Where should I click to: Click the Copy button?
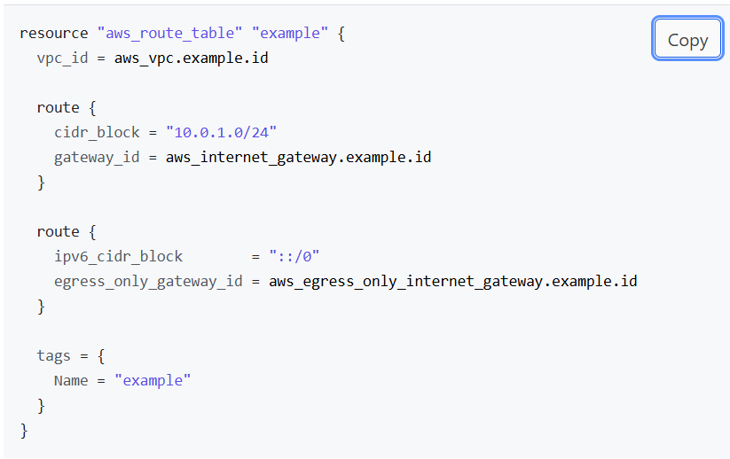[687, 40]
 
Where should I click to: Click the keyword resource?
[54, 34]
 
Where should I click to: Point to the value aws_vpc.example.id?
[192, 58]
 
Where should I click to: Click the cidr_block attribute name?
[97, 132]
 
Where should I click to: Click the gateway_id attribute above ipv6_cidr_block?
[97, 157]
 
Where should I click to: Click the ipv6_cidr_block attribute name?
[118, 256]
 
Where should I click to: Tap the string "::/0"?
[294, 256]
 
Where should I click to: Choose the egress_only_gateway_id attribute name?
[148, 281]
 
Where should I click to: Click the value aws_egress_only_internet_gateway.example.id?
[453, 281]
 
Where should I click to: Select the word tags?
[53, 355]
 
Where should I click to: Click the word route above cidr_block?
[58, 107]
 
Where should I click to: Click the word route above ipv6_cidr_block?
[58, 231]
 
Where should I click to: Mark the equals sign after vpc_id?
[101, 58]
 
